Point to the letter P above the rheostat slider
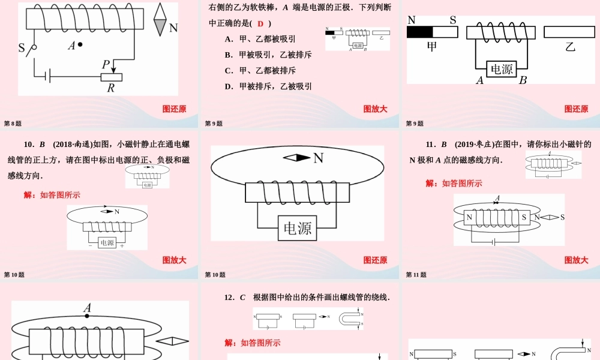click(x=106, y=64)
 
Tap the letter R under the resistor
click(x=110, y=88)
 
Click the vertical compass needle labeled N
click(x=160, y=20)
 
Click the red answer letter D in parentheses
click(x=260, y=23)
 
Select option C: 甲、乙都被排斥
click(x=260, y=70)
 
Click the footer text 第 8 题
click(x=13, y=124)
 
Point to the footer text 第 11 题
click(x=416, y=275)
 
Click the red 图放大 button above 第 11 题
click(x=576, y=260)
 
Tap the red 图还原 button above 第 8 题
click(x=174, y=109)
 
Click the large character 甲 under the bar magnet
click(x=431, y=46)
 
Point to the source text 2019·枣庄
click(x=474, y=145)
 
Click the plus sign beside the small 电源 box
click(x=122, y=245)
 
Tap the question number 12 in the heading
click(x=229, y=298)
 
